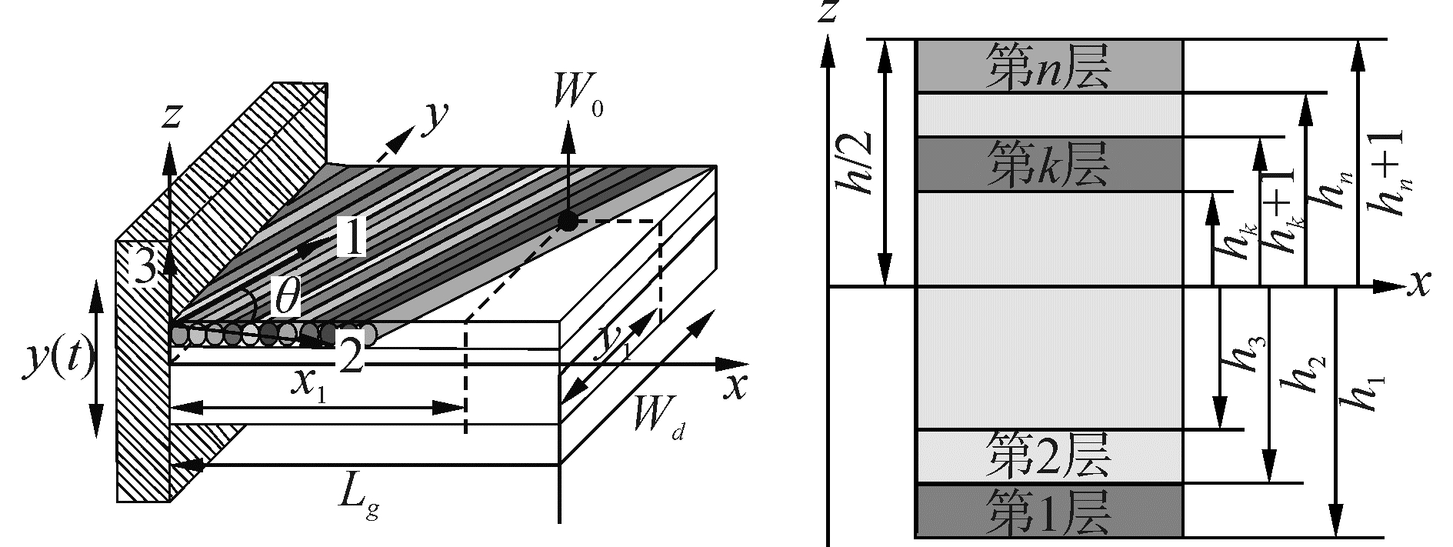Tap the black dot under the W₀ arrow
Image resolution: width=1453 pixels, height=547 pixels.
(568, 222)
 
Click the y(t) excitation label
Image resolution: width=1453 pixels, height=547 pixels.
(56, 359)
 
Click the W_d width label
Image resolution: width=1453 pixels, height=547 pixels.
(658, 422)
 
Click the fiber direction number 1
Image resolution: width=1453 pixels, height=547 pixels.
(350, 238)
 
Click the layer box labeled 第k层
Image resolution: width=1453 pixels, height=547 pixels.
(1049, 165)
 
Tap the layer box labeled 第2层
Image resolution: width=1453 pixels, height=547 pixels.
(1049, 456)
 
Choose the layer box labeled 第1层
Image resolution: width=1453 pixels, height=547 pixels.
(1049, 510)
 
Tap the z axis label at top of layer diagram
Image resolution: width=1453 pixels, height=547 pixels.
(828, 13)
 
